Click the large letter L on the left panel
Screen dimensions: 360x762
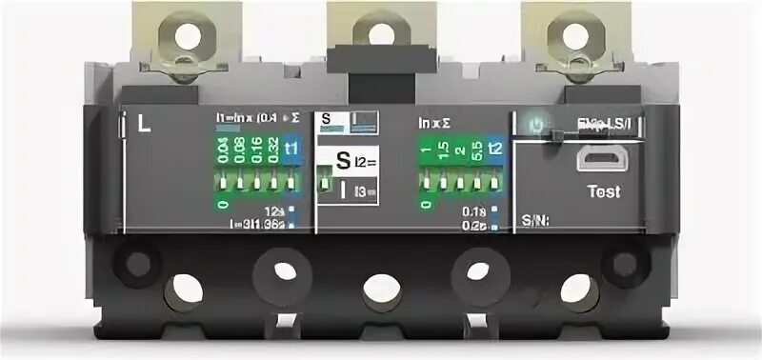click(144, 123)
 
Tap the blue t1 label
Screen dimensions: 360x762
click(292, 149)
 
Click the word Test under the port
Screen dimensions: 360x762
click(602, 191)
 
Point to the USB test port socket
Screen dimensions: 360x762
click(601, 159)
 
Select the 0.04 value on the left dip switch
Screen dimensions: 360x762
click(223, 150)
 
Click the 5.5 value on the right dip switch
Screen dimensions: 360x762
click(477, 149)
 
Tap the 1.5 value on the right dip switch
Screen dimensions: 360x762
click(443, 149)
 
